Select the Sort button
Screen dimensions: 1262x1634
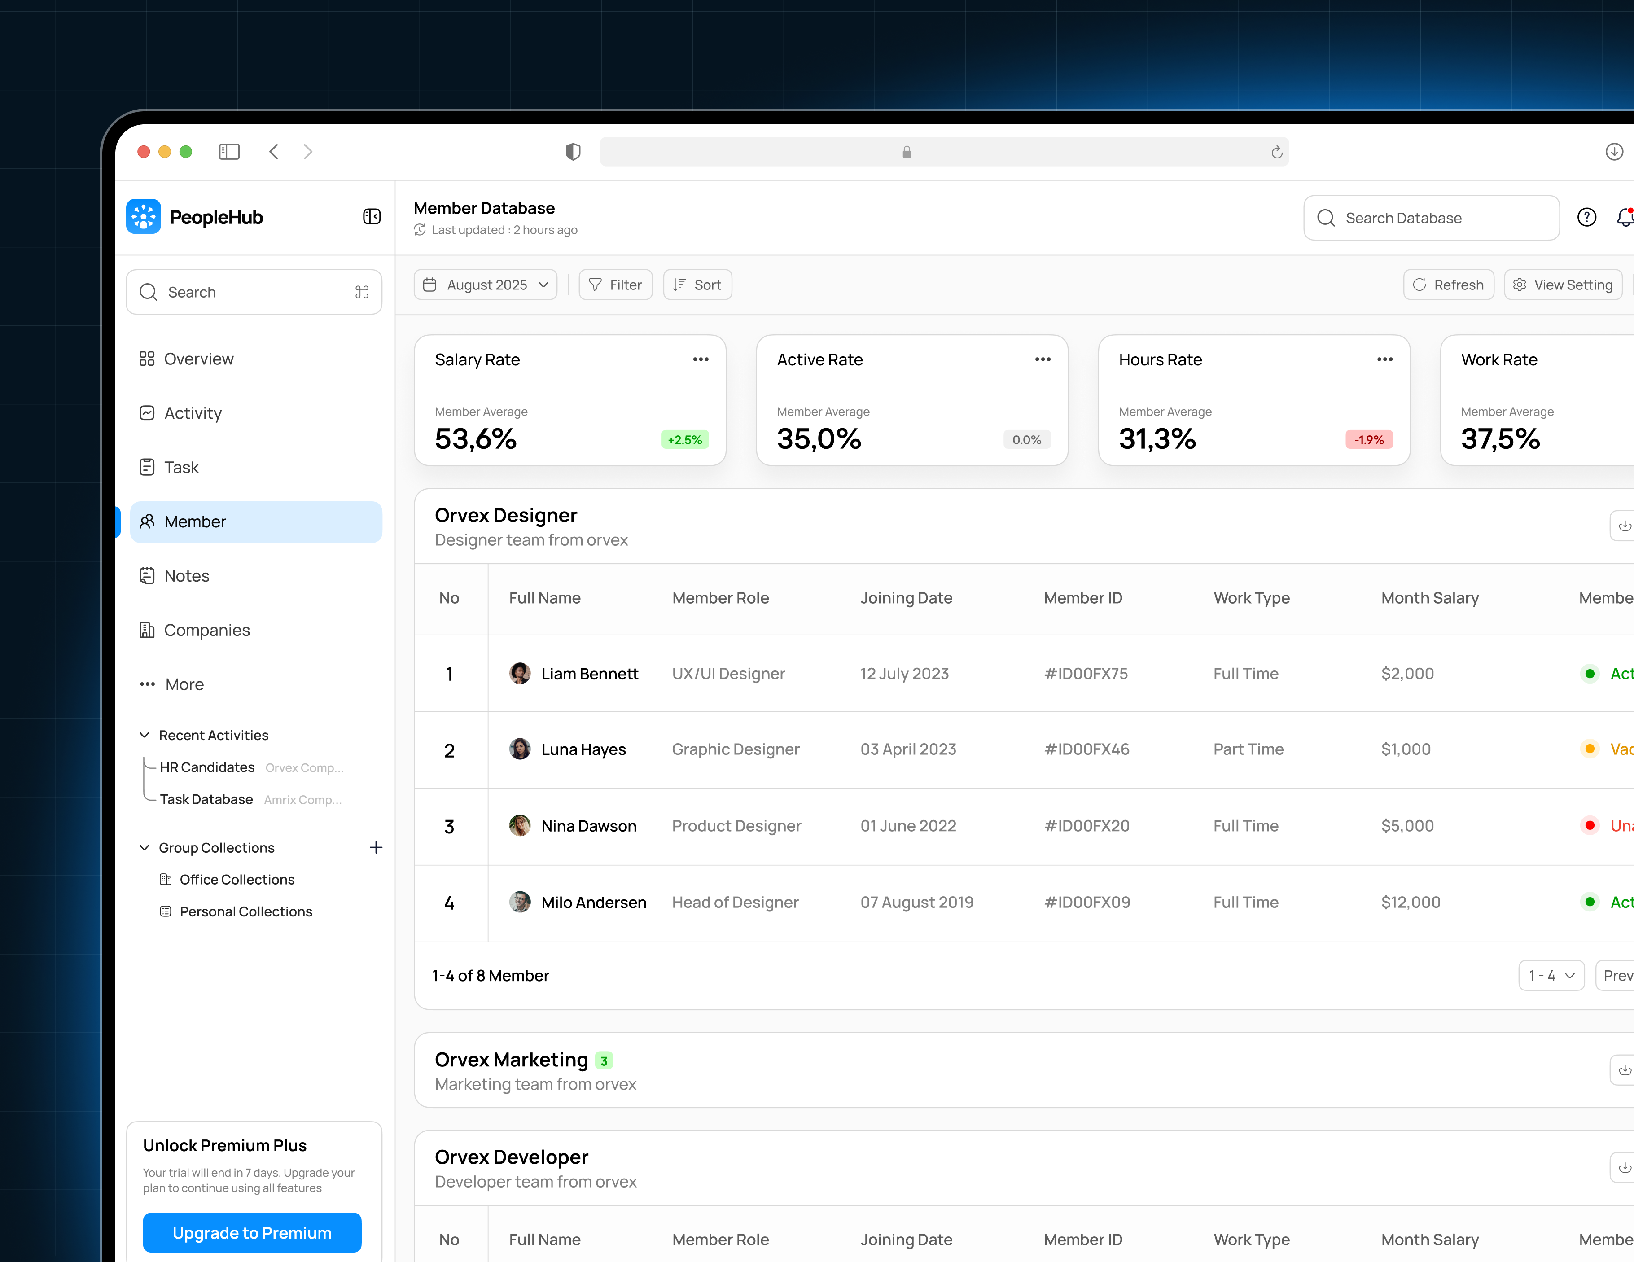pos(697,285)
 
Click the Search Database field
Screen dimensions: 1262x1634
pos(1431,218)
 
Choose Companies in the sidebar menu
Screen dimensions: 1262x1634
pos(206,630)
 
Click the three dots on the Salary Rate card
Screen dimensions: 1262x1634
pos(700,360)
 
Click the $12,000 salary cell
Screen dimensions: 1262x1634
pos(1411,902)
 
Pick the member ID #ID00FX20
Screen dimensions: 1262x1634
pos(1086,826)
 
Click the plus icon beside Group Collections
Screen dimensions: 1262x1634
pos(376,848)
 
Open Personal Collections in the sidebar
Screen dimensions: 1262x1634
pos(245,911)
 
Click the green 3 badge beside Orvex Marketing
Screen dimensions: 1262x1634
pos(604,1061)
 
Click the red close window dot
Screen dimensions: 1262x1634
pos(144,152)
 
